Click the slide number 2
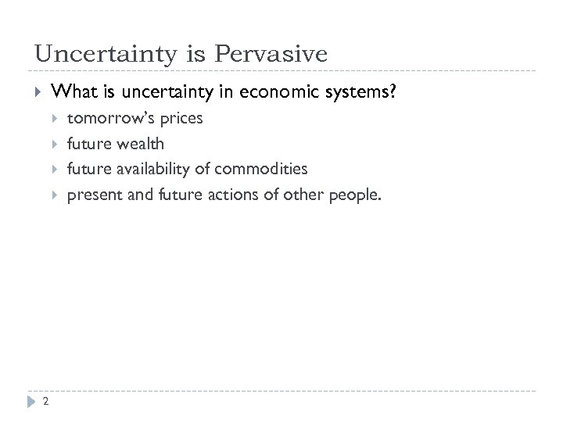point(46,402)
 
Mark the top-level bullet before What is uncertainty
point(36,92)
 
